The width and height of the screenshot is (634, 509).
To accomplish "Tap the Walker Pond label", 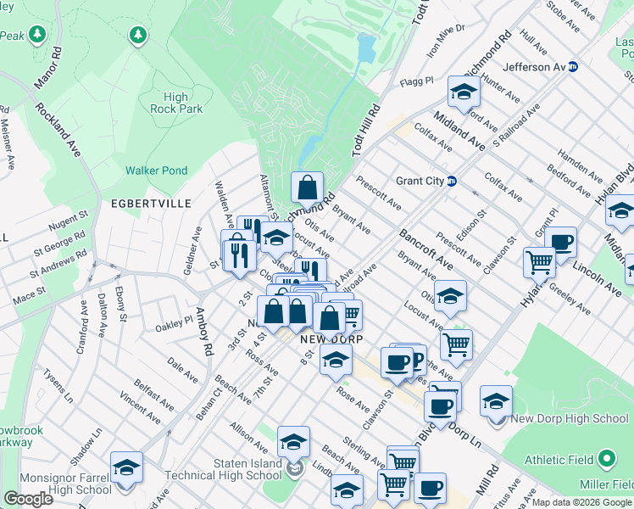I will pyautogui.click(x=156, y=171).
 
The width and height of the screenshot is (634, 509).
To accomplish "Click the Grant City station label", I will pyautogui.click(x=420, y=181).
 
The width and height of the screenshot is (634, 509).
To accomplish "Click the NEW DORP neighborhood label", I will pyautogui.click(x=331, y=339).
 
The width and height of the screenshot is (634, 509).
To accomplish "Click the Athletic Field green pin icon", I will pyautogui.click(x=606, y=460).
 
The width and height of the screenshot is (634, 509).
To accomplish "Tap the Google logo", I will pyautogui.click(x=29, y=498).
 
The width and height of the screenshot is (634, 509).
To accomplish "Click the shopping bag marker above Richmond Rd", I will pyautogui.click(x=307, y=187).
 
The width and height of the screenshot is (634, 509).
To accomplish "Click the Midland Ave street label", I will pyautogui.click(x=459, y=130).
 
